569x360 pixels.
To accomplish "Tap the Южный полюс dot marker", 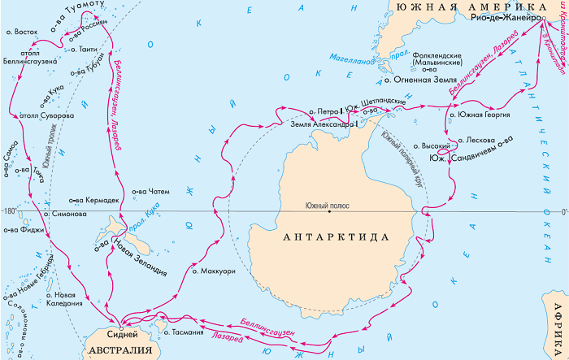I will click(329, 214).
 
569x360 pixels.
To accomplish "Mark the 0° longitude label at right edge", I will click(561, 213).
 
